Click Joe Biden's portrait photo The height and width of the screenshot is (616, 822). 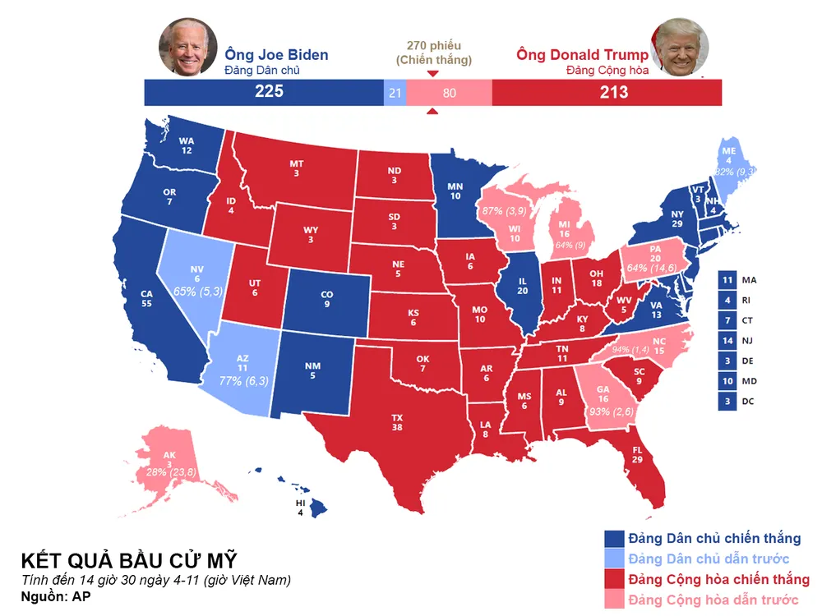point(188,47)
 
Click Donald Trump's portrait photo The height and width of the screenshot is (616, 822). point(681,48)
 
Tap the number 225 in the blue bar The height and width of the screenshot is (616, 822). point(269,92)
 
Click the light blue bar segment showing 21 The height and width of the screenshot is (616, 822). point(395,93)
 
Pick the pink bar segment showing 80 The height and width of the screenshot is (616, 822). point(449,93)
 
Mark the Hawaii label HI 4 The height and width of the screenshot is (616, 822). point(299,508)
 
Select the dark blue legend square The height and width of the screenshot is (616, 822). point(613,539)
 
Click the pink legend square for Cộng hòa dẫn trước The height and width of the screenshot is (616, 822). point(613,600)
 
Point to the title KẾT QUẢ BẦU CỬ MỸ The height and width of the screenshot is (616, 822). point(129,561)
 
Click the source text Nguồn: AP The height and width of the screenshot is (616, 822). point(56,596)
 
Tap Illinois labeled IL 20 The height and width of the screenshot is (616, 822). point(523,286)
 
